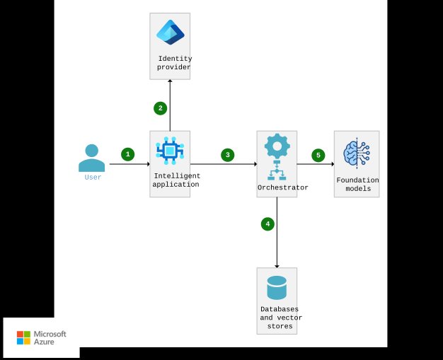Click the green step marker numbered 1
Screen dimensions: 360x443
click(x=127, y=154)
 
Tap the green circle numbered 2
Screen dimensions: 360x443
click(x=161, y=108)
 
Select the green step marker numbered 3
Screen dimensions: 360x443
click(x=227, y=154)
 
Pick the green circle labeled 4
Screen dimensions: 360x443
click(x=267, y=224)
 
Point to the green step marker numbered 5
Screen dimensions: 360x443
click(x=318, y=154)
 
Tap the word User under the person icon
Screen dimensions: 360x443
click(x=93, y=178)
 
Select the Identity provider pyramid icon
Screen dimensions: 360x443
click(x=170, y=33)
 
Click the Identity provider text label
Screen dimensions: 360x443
click(x=174, y=63)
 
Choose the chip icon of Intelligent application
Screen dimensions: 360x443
click(x=170, y=149)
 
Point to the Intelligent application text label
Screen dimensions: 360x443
click(x=177, y=180)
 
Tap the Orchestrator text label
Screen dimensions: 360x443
click(x=282, y=187)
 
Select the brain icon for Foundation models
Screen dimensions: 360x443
click(x=357, y=153)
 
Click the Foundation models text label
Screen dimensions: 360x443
click(x=357, y=185)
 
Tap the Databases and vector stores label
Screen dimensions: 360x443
click(x=279, y=318)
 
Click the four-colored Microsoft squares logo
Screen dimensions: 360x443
click(x=24, y=337)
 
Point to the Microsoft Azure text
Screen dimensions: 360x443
click(x=51, y=337)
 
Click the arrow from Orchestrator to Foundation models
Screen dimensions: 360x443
click(x=315, y=164)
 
